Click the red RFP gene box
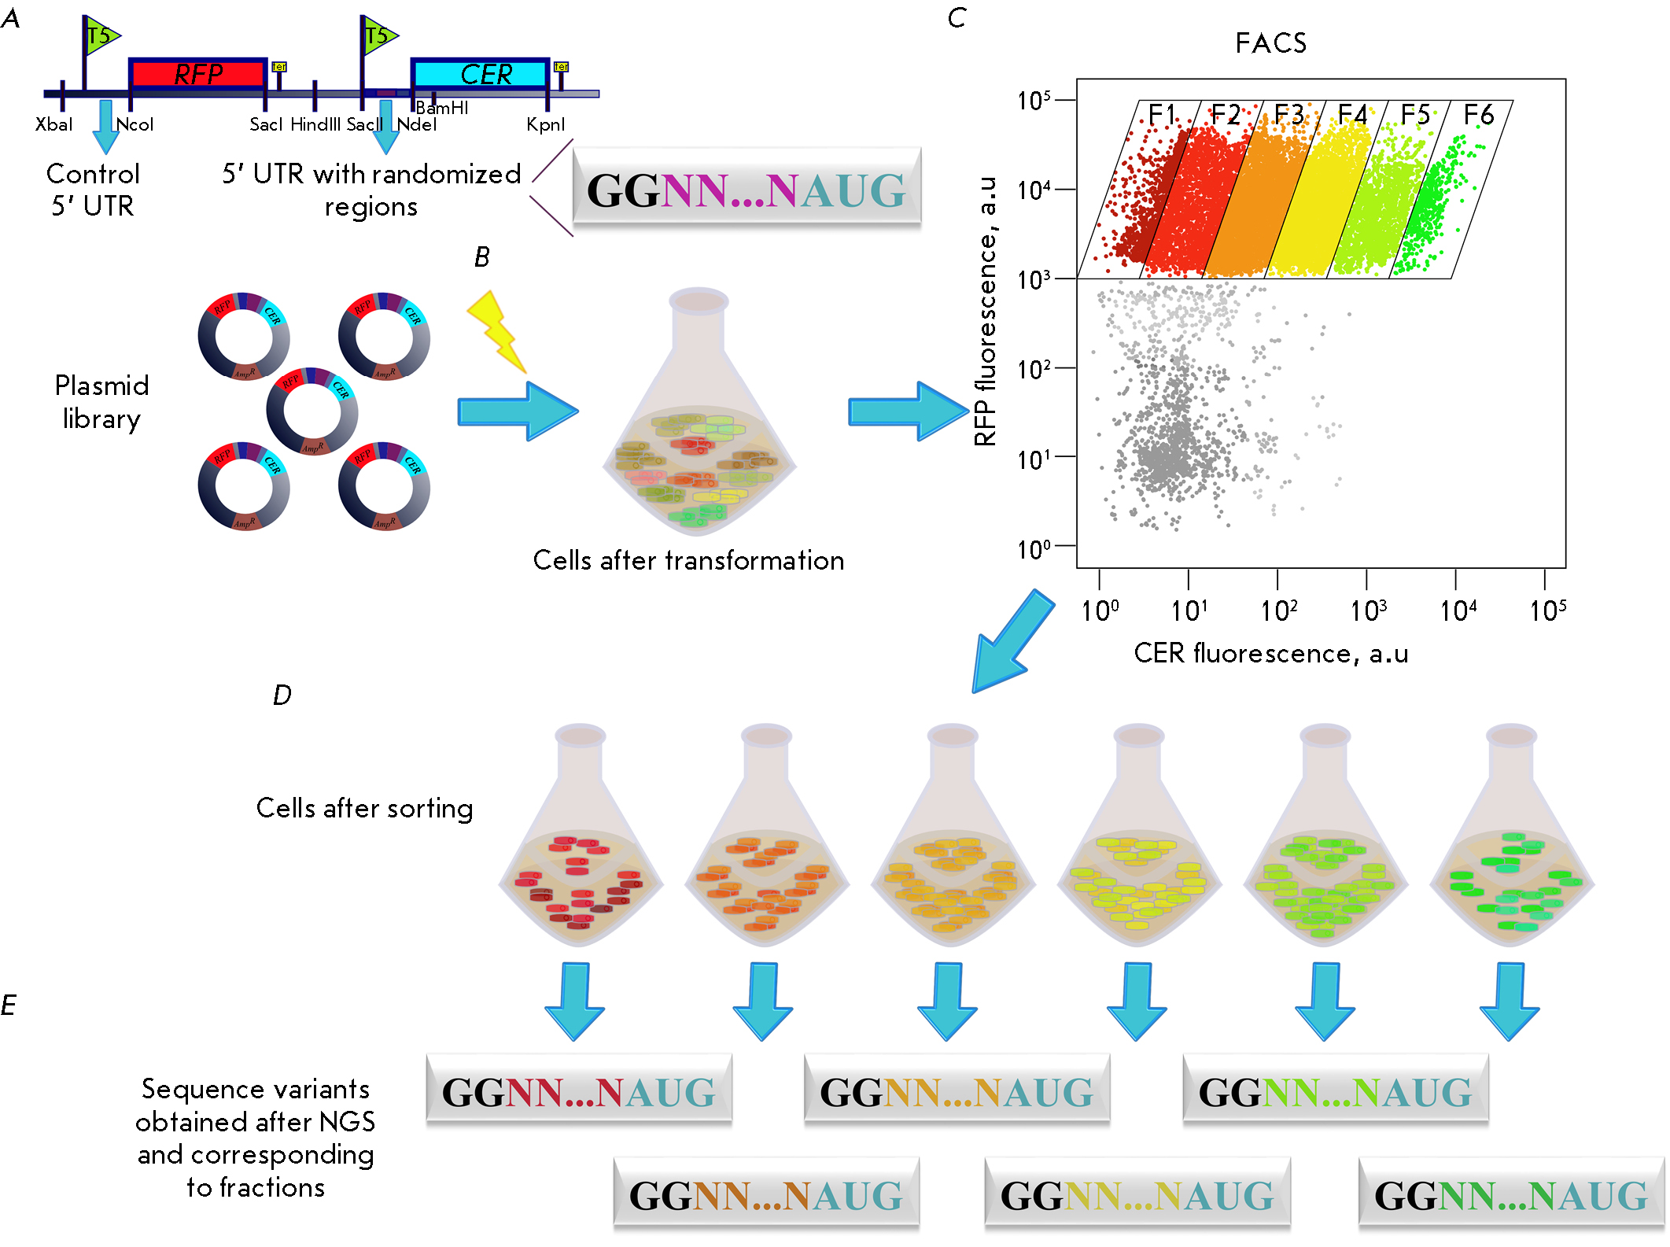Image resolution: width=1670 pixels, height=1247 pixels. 198,74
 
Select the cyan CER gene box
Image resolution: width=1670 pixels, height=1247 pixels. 481,74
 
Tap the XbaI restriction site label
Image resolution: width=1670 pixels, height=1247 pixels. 53,124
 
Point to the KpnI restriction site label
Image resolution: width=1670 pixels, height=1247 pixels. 545,124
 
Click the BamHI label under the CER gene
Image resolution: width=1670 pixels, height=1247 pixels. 442,108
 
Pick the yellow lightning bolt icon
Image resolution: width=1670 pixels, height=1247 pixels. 497,331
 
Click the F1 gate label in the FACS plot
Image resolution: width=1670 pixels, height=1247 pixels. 1162,115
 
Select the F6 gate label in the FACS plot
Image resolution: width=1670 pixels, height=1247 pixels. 1478,115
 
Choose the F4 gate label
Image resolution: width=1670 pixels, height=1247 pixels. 1352,115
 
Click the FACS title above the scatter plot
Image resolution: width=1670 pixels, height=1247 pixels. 1270,43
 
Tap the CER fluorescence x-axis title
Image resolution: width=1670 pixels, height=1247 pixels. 1270,654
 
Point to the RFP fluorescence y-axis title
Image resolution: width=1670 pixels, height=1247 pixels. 986,312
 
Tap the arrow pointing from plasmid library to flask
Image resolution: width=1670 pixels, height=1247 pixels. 518,411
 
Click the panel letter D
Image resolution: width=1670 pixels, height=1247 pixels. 282,695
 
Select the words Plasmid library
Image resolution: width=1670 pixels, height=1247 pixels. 101,402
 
